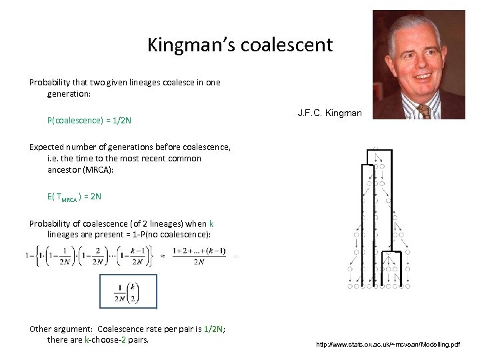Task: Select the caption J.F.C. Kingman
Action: tap(329, 113)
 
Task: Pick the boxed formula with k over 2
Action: tap(127, 291)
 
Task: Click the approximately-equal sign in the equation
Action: tap(162, 255)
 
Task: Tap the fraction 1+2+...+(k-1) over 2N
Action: tap(199, 255)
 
